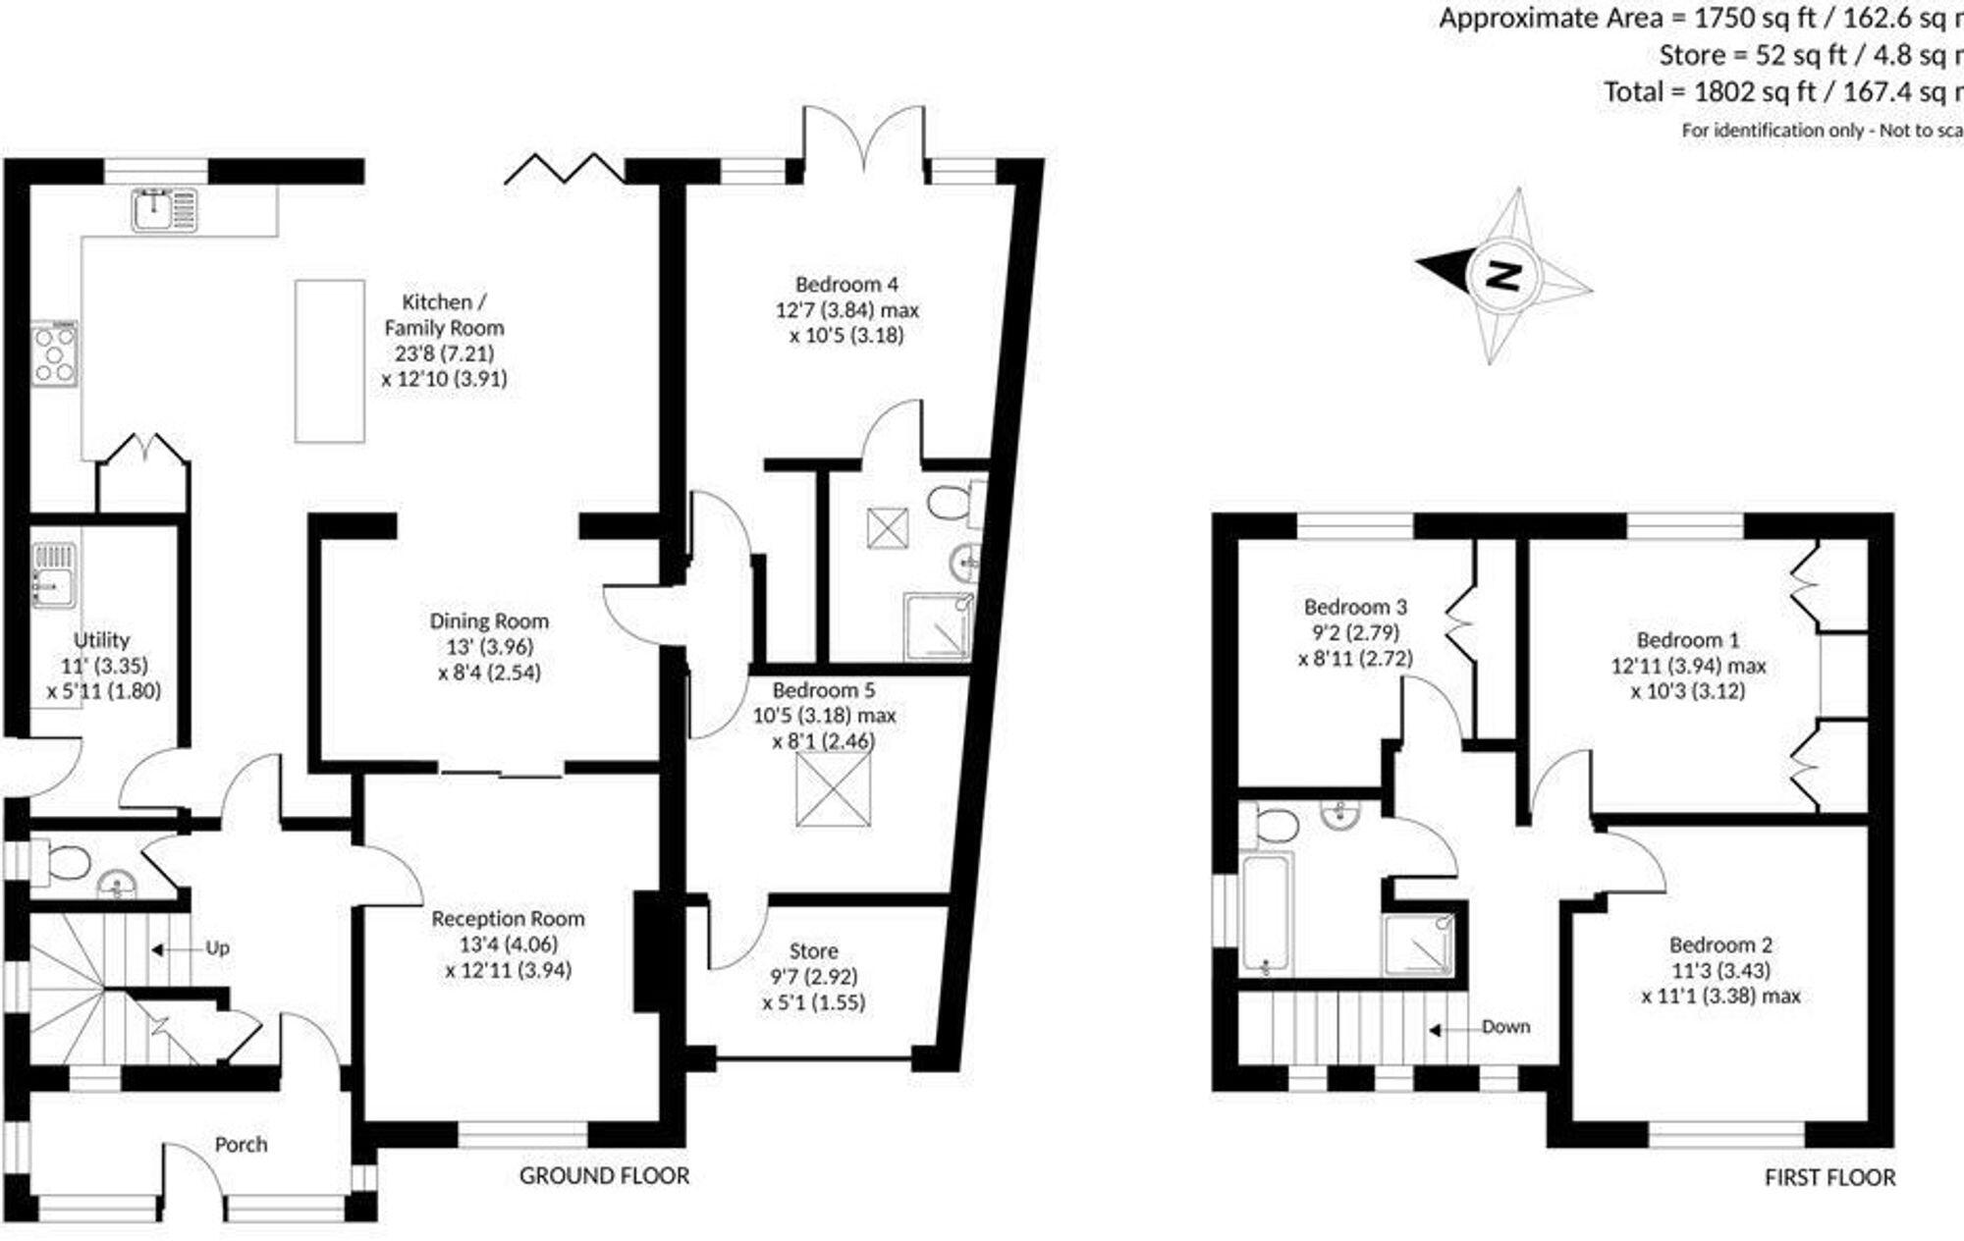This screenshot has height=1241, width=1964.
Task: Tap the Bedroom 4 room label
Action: click(846, 285)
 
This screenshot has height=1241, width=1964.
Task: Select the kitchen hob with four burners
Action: click(55, 353)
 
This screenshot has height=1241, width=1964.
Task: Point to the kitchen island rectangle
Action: click(330, 360)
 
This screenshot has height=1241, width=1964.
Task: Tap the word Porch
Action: click(241, 1145)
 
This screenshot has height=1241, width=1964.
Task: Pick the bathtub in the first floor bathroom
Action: click(1266, 914)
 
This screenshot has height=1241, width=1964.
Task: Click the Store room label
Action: click(813, 951)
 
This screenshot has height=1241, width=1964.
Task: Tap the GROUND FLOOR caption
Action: click(604, 1176)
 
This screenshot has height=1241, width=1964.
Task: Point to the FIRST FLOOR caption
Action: click(1829, 1178)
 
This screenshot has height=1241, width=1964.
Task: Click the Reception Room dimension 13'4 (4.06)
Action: click(508, 944)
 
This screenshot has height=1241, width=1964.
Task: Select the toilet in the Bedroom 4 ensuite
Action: click(950, 504)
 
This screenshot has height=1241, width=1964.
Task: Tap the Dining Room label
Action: click(489, 621)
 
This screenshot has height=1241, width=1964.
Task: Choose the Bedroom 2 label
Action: click(1720, 945)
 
